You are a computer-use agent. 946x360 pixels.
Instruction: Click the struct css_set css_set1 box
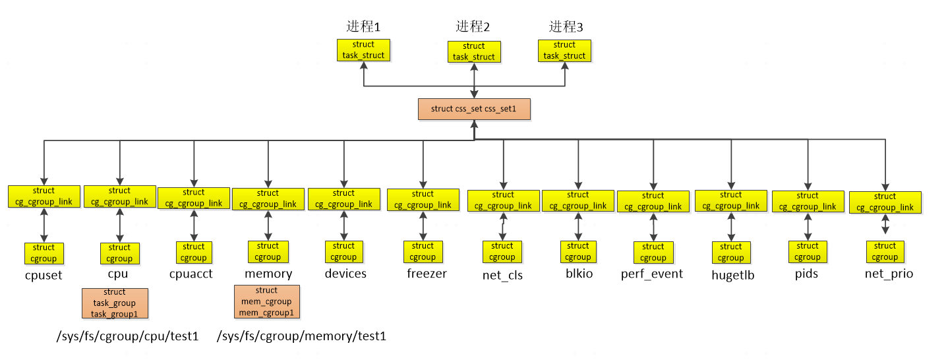(x=474, y=109)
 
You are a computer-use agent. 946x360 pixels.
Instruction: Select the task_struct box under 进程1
(x=363, y=50)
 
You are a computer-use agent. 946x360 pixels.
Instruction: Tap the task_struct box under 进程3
(x=564, y=51)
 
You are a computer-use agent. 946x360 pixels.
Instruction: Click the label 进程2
(x=473, y=27)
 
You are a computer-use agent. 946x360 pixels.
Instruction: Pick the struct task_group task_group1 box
(x=114, y=303)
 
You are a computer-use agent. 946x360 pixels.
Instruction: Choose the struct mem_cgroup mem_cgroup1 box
(x=266, y=301)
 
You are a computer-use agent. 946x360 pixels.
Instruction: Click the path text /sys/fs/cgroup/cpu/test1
(x=128, y=336)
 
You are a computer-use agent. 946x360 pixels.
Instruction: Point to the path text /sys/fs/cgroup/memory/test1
(x=301, y=336)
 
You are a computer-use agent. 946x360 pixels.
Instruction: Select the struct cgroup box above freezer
(x=423, y=252)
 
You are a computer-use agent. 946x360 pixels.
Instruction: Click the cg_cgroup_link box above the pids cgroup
(x=807, y=201)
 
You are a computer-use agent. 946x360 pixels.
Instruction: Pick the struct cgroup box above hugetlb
(x=730, y=253)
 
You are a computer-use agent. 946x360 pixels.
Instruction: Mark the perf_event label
(x=652, y=274)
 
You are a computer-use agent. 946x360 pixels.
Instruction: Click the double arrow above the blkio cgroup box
(x=578, y=227)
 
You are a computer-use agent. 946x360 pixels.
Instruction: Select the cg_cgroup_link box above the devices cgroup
(x=343, y=198)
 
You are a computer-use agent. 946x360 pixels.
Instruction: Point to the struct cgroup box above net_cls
(x=502, y=252)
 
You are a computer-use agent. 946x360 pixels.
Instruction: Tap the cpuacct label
(x=191, y=274)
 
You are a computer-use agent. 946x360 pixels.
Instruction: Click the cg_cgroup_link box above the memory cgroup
(x=268, y=198)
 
